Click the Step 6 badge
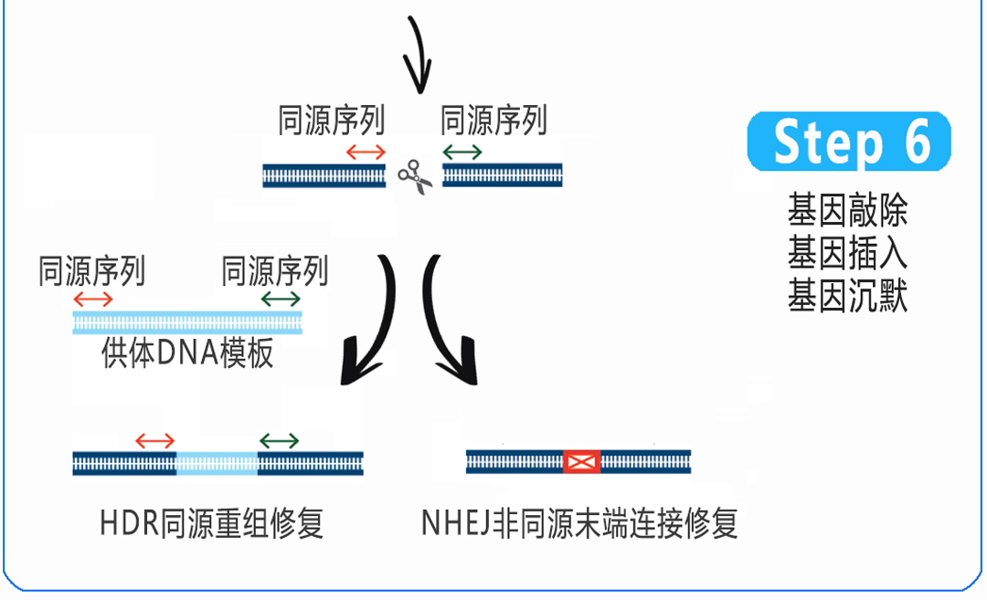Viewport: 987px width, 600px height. click(849, 142)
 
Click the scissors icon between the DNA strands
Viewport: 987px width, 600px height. click(414, 175)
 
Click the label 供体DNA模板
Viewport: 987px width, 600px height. click(187, 353)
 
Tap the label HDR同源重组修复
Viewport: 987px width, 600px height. click(211, 524)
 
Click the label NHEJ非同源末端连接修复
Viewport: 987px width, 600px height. click(579, 524)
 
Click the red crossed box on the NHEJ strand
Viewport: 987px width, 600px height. click(580, 462)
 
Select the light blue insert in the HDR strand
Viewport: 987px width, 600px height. click(217, 463)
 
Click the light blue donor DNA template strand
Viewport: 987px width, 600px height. click(187, 322)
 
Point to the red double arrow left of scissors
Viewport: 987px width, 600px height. click(366, 152)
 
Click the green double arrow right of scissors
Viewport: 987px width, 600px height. click(462, 152)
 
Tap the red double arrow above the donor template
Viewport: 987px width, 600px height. click(93, 300)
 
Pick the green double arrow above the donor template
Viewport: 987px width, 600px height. click(280, 300)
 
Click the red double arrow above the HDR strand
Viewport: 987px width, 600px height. click(154, 441)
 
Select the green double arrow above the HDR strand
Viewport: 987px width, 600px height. click(279, 441)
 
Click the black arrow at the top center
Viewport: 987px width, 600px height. click(417, 55)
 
